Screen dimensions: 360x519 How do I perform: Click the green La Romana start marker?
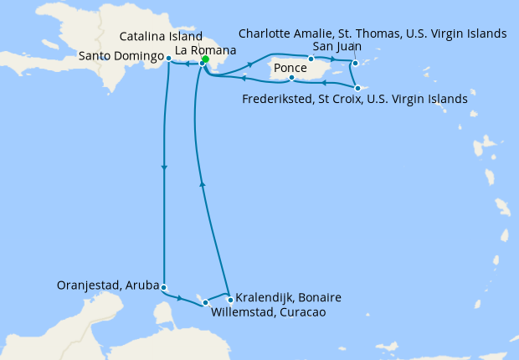tap(205, 59)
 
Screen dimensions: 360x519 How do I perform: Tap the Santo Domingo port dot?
tap(169, 58)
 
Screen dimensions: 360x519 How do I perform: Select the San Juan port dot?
tap(311, 59)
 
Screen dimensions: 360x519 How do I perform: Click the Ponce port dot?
tap(290, 79)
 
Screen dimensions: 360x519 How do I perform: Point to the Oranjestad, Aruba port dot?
tap(164, 287)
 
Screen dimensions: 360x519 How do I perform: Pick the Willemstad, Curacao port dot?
tap(205, 301)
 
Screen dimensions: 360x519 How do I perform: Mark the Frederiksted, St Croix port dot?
tap(357, 88)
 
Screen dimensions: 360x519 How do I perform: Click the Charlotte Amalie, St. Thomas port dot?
tap(356, 64)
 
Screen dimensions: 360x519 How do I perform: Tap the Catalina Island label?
tap(161, 38)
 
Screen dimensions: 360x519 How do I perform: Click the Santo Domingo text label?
tap(121, 56)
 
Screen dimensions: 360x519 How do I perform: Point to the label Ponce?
tap(290, 67)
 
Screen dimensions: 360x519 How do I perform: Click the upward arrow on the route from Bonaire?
tap(201, 185)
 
